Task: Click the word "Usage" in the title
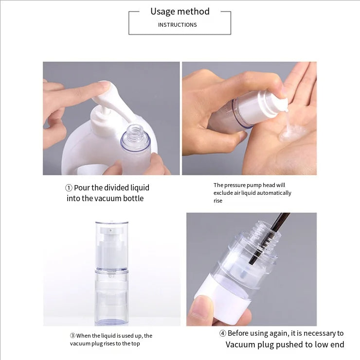162,12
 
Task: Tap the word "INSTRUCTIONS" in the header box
177,25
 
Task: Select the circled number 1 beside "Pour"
69,188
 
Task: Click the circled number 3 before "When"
72,335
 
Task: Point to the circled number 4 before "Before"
222,333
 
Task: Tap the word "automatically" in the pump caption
274,193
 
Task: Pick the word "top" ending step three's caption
136,343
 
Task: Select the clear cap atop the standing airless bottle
112,245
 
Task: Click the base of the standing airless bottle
111,320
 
